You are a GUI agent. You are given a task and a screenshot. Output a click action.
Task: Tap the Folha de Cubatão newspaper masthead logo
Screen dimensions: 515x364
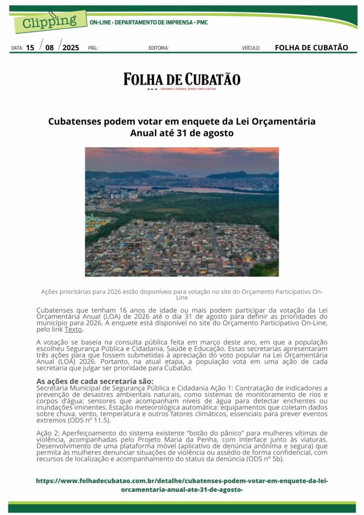(182, 80)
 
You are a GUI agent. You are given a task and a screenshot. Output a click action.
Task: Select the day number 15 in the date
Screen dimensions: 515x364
(30, 48)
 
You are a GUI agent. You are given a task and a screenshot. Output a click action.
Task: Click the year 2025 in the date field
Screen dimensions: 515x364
(71, 48)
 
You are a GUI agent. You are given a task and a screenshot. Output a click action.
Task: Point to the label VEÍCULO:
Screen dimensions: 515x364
(251, 48)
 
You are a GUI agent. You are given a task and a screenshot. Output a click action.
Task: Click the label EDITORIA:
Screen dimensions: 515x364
(158, 48)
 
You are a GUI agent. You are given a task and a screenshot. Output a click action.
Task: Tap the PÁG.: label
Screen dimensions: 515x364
(93, 48)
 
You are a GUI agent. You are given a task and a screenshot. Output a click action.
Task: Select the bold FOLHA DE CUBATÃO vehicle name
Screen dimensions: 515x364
(311, 48)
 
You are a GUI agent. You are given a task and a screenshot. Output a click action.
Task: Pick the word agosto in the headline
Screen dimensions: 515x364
(218, 134)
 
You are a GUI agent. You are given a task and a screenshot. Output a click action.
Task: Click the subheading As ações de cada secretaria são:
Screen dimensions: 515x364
(95, 381)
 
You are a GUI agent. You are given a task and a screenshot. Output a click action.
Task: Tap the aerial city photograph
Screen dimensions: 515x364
(181, 212)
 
